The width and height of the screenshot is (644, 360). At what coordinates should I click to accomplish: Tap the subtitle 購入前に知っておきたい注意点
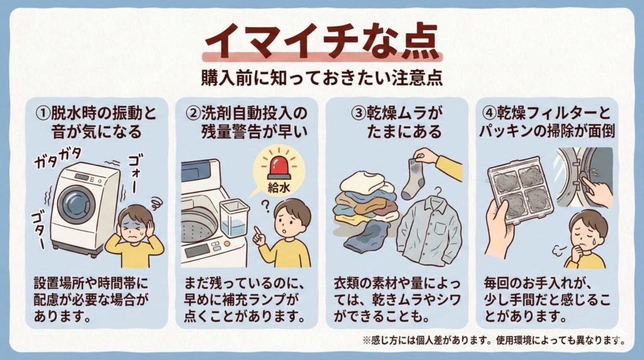click(x=322, y=77)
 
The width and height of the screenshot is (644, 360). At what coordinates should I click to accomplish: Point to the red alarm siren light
click(x=279, y=167)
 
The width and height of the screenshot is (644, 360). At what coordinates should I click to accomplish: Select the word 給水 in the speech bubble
click(x=279, y=188)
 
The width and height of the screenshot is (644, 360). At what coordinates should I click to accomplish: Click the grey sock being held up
click(x=413, y=179)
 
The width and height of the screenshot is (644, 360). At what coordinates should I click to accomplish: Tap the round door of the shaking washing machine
click(x=76, y=205)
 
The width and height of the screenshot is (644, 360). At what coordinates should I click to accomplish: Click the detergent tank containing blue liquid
click(x=234, y=218)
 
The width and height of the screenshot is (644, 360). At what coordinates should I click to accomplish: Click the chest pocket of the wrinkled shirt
click(x=441, y=228)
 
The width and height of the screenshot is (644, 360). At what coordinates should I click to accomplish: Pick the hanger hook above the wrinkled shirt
click(x=438, y=191)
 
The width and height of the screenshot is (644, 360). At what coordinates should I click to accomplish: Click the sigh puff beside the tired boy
click(x=557, y=249)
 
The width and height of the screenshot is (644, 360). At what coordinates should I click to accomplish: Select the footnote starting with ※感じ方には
click(x=494, y=340)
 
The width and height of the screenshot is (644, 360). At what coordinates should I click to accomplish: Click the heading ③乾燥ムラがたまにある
click(x=397, y=122)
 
